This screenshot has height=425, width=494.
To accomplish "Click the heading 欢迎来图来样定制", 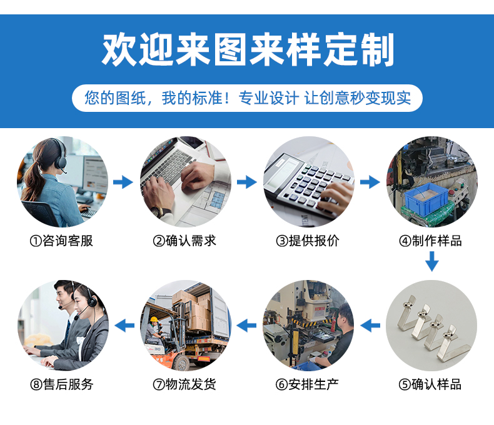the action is click(x=248, y=49).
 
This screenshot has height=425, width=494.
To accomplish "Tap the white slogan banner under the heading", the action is click(x=248, y=98).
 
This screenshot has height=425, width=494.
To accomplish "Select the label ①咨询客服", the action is click(x=61, y=241).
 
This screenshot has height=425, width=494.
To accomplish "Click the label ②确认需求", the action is click(x=184, y=241).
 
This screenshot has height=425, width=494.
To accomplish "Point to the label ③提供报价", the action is click(x=308, y=241).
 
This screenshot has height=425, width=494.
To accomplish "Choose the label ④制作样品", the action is click(x=431, y=241).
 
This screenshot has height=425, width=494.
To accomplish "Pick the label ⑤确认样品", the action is click(x=430, y=384).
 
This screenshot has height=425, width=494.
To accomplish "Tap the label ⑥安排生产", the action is click(x=308, y=384).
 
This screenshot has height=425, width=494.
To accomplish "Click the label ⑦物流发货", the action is click(x=184, y=384).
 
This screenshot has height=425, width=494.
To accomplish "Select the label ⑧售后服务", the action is click(x=62, y=384).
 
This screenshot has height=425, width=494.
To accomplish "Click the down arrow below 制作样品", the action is click(x=432, y=261).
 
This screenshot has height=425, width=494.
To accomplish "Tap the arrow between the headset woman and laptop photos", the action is click(x=123, y=182).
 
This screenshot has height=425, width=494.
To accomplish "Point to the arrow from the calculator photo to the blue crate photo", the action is click(x=370, y=182).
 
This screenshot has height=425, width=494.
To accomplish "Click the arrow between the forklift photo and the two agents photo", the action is click(x=124, y=325).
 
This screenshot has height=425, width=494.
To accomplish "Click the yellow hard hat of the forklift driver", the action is click(x=154, y=319).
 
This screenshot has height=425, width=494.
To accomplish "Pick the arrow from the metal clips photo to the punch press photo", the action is click(x=370, y=325).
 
